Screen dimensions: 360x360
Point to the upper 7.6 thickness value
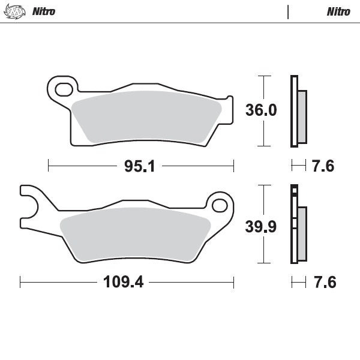[x=323, y=167]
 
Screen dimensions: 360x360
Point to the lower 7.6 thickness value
[x=323, y=281]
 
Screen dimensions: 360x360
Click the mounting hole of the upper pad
[x=62, y=91]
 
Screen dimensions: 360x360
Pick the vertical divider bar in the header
[x=289, y=11]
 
